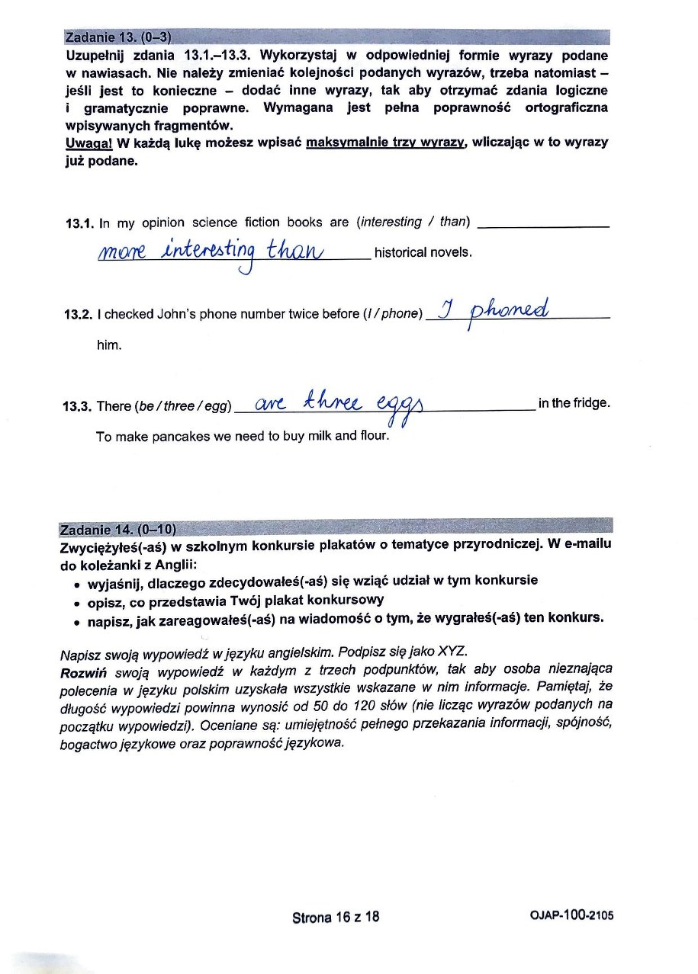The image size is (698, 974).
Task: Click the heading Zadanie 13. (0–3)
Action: click(118, 37)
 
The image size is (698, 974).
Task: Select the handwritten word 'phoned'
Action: click(510, 310)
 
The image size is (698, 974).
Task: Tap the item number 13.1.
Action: click(79, 223)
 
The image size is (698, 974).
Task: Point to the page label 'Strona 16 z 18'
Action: click(336, 917)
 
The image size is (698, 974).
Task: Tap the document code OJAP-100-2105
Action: click(571, 916)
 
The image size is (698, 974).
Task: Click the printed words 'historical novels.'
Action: click(423, 253)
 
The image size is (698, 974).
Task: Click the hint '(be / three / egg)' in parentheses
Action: click(184, 406)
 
